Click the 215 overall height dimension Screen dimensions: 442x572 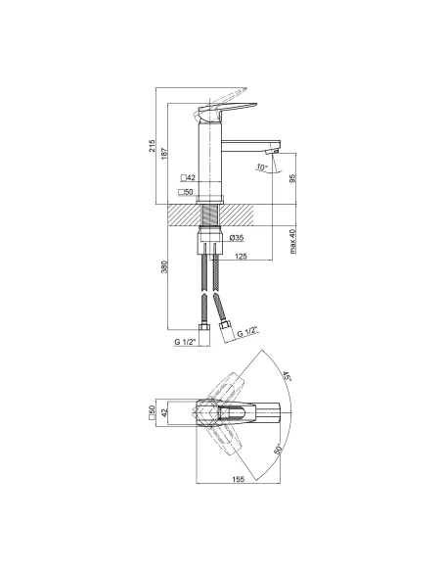point(152,146)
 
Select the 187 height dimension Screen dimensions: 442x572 point(164,154)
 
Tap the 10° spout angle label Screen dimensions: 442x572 point(261,167)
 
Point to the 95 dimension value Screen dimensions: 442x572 point(293,178)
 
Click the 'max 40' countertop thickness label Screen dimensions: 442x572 point(293,240)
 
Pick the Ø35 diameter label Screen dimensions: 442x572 point(237,238)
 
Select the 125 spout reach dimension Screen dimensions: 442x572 point(241,257)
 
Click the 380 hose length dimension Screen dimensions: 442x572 point(164,266)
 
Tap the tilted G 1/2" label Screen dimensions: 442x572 point(247,333)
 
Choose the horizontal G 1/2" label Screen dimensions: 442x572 point(186,342)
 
